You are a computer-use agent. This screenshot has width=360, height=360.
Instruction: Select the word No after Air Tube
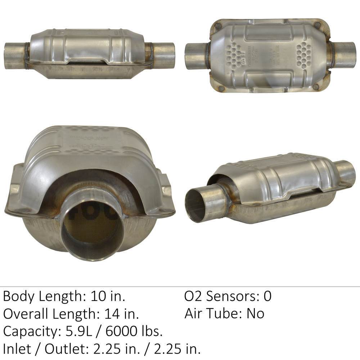[x=255, y=314]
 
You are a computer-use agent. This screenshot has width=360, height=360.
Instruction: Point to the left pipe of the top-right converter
[x=196, y=56]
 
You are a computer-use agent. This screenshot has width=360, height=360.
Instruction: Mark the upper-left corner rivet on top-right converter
[x=218, y=26]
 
